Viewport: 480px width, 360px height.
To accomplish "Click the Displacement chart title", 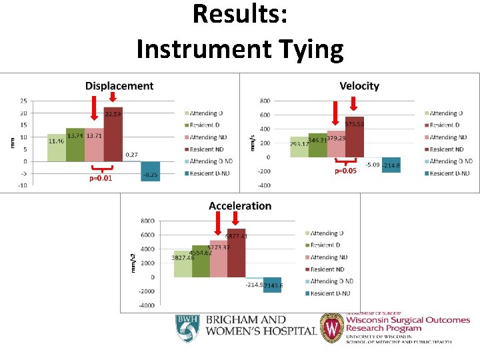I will (119, 86).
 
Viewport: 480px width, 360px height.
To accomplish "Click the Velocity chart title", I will (359, 86).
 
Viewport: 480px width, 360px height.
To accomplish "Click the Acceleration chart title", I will (240, 206).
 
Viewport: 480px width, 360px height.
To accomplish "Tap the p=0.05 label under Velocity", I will (345, 171).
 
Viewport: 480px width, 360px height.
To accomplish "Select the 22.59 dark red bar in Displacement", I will (113, 134).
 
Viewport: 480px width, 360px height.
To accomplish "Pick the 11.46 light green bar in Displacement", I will (57, 148).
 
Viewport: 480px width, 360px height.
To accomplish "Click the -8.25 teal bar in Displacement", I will (150, 171).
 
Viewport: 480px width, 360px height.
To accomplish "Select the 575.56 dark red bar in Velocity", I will (354, 137).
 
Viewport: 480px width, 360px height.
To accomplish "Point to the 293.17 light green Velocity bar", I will (299, 147).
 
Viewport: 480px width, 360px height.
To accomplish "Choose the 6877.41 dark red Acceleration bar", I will (236, 253).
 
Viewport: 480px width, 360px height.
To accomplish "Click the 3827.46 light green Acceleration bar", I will (183, 264).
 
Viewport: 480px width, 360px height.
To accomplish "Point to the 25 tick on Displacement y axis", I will (24, 101).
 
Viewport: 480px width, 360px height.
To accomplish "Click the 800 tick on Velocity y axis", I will (265, 101).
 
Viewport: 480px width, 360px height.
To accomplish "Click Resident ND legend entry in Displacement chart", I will (208, 149).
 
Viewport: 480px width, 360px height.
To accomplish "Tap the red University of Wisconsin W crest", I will (331, 328).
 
